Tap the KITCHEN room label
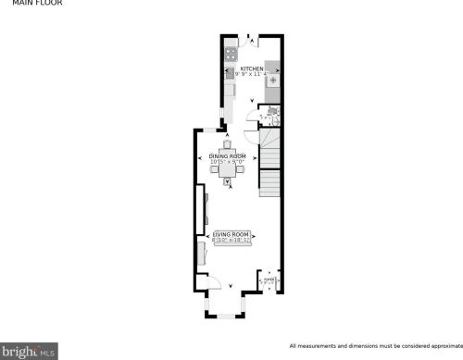point(251,68)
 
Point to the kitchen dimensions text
point(251,75)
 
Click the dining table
point(228,168)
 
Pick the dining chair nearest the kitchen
point(228,144)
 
